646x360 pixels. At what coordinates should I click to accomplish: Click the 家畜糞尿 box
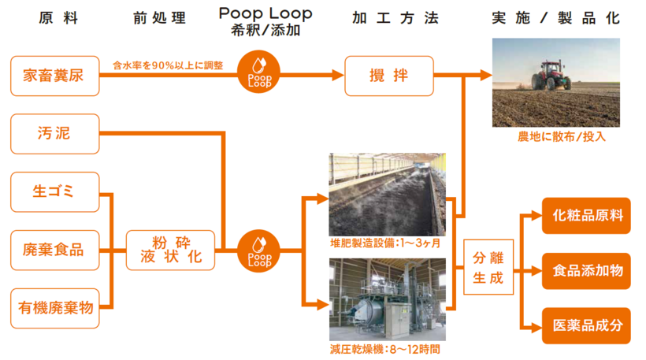[x=55, y=76]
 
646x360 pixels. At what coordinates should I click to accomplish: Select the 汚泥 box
[x=55, y=133]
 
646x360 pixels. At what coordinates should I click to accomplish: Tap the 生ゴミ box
[x=55, y=191]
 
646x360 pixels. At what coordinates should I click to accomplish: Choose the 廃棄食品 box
[x=55, y=251]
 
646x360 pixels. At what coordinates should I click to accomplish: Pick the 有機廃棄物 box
[x=55, y=308]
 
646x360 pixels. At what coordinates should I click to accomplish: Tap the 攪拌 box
[x=388, y=76]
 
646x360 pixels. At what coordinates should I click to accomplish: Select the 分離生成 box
[x=492, y=268]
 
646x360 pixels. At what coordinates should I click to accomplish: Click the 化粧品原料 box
[x=587, y=215]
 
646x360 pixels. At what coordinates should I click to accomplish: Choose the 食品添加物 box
[x=587, y=270]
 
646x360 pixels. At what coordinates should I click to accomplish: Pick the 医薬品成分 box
[x=587, y=325]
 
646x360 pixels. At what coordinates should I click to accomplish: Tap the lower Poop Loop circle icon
[x=258, y=251]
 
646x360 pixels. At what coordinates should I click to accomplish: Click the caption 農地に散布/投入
[x=555, y=137]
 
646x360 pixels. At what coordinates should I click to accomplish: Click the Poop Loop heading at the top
[x=265, y=13]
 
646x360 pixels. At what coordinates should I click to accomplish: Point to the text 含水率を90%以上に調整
[x=168, y=65]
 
